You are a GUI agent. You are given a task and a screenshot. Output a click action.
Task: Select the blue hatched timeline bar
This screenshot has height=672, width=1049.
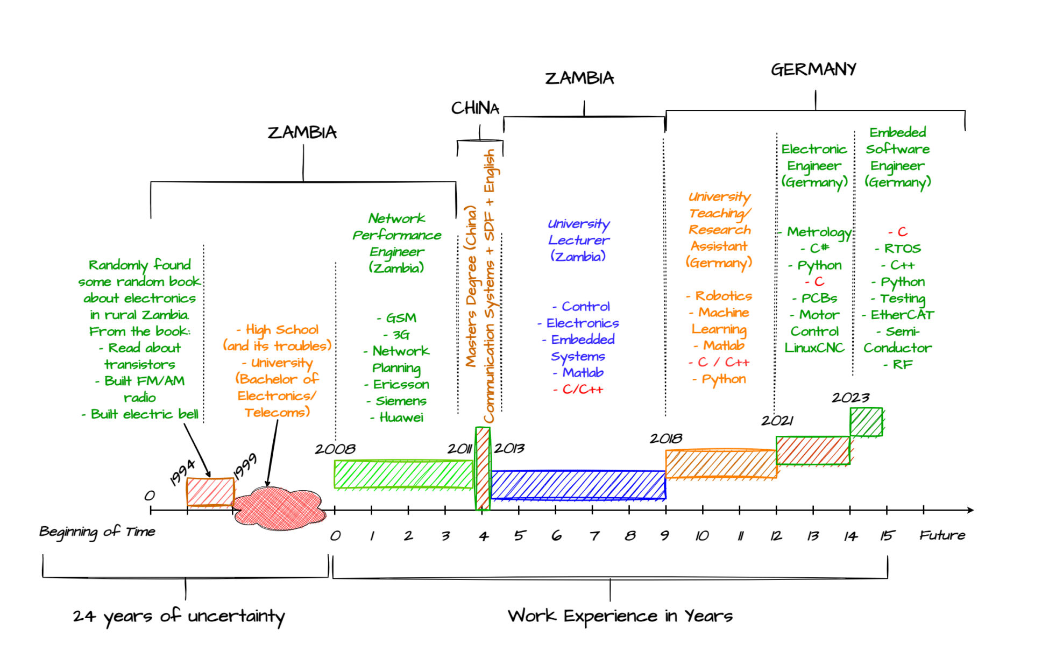[578, 485]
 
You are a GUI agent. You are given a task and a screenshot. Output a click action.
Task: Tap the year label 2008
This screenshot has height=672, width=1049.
[335, 449]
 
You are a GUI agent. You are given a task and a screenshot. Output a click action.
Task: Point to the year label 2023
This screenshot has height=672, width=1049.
[850, 398]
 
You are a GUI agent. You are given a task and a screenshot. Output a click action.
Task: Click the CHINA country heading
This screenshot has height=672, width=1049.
[475, 108]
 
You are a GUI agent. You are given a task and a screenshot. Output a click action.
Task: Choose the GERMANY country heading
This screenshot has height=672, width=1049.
[813, 69]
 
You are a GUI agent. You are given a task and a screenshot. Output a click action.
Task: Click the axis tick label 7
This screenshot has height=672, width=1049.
[594, 536]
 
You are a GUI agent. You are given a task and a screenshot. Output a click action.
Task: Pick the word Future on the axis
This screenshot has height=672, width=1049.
[942, 535]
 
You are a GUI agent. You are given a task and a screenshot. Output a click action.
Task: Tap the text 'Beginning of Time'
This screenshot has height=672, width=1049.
[97, 532]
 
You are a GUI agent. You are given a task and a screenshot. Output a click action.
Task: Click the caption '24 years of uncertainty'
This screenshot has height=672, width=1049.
[179, 617]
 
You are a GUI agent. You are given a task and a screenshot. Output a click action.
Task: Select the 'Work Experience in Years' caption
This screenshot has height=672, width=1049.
[620, 616]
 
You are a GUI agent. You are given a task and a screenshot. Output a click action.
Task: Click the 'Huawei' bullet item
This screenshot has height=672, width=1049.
[401, 418]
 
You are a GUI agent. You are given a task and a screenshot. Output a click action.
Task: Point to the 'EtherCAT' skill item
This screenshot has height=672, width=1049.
[902, 315]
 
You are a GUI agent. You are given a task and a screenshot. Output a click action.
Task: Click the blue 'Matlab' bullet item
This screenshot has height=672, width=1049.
[583, 372]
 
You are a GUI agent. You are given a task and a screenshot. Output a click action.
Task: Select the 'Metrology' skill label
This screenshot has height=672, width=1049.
[819, 232]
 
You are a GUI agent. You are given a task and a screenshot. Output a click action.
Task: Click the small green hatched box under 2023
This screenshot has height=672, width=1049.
[866, 422]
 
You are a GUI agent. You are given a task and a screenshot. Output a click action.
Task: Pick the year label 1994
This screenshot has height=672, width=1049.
[182, 472]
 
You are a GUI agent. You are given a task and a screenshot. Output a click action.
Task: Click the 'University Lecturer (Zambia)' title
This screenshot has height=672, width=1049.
[578, 240]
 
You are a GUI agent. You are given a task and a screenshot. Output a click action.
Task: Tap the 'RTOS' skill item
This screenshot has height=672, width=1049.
[902, 249]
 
